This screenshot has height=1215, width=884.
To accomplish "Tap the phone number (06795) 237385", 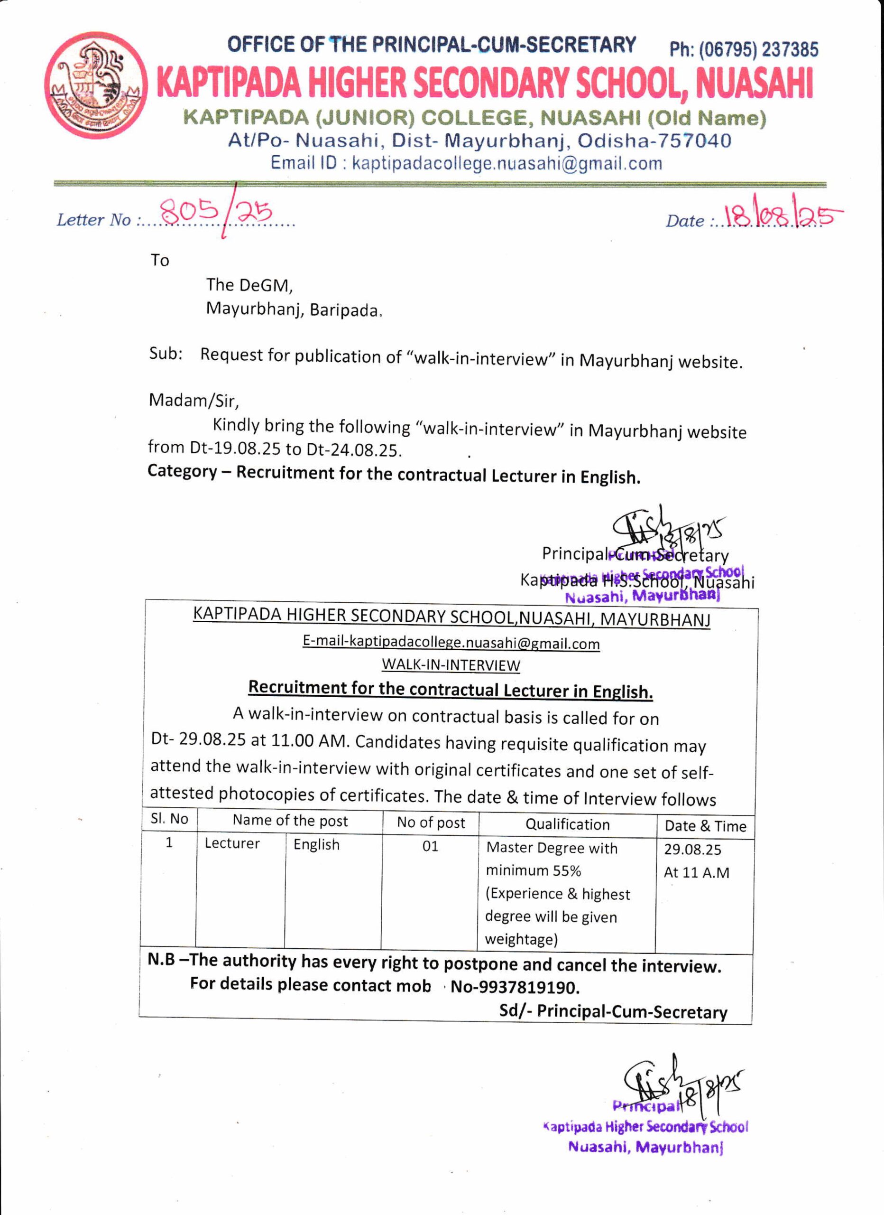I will click(744, 50).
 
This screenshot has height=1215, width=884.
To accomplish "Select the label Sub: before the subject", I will click(166, 354).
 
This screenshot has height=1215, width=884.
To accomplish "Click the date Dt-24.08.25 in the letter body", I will click(353, 449).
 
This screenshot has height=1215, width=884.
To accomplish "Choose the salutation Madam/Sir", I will click(193, 400).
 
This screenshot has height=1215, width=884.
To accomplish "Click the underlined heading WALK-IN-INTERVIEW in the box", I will click(450, 665).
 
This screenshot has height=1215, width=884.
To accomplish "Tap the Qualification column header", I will click(567, 824).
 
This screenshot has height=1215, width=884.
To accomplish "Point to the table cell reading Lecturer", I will click(232, 844).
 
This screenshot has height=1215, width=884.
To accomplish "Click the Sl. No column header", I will click(169, 819).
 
